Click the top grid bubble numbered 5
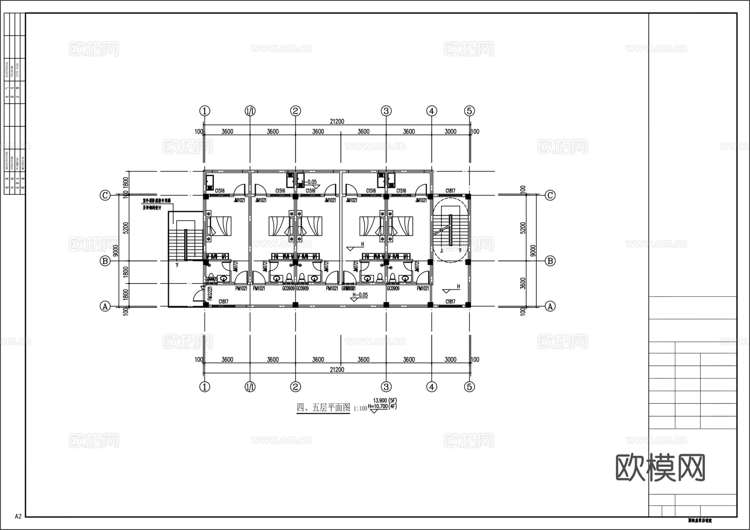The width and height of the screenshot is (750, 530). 469,111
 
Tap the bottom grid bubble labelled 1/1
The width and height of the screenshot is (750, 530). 250,387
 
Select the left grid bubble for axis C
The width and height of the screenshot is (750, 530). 105,195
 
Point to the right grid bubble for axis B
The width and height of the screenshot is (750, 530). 550,261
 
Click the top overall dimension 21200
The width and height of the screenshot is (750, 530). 337,122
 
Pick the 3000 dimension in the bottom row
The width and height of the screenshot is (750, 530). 450,360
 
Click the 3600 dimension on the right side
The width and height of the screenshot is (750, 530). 523,284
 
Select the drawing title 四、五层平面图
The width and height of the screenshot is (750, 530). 323,408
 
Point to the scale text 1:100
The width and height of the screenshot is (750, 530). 360,409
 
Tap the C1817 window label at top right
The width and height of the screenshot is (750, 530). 450,191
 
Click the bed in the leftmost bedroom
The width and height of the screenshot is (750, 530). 218,226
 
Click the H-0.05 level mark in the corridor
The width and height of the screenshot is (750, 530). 360,295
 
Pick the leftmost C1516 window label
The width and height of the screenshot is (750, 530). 220,191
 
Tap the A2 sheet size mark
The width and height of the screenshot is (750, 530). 18,516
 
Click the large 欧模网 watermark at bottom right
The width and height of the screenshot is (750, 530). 660,468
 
